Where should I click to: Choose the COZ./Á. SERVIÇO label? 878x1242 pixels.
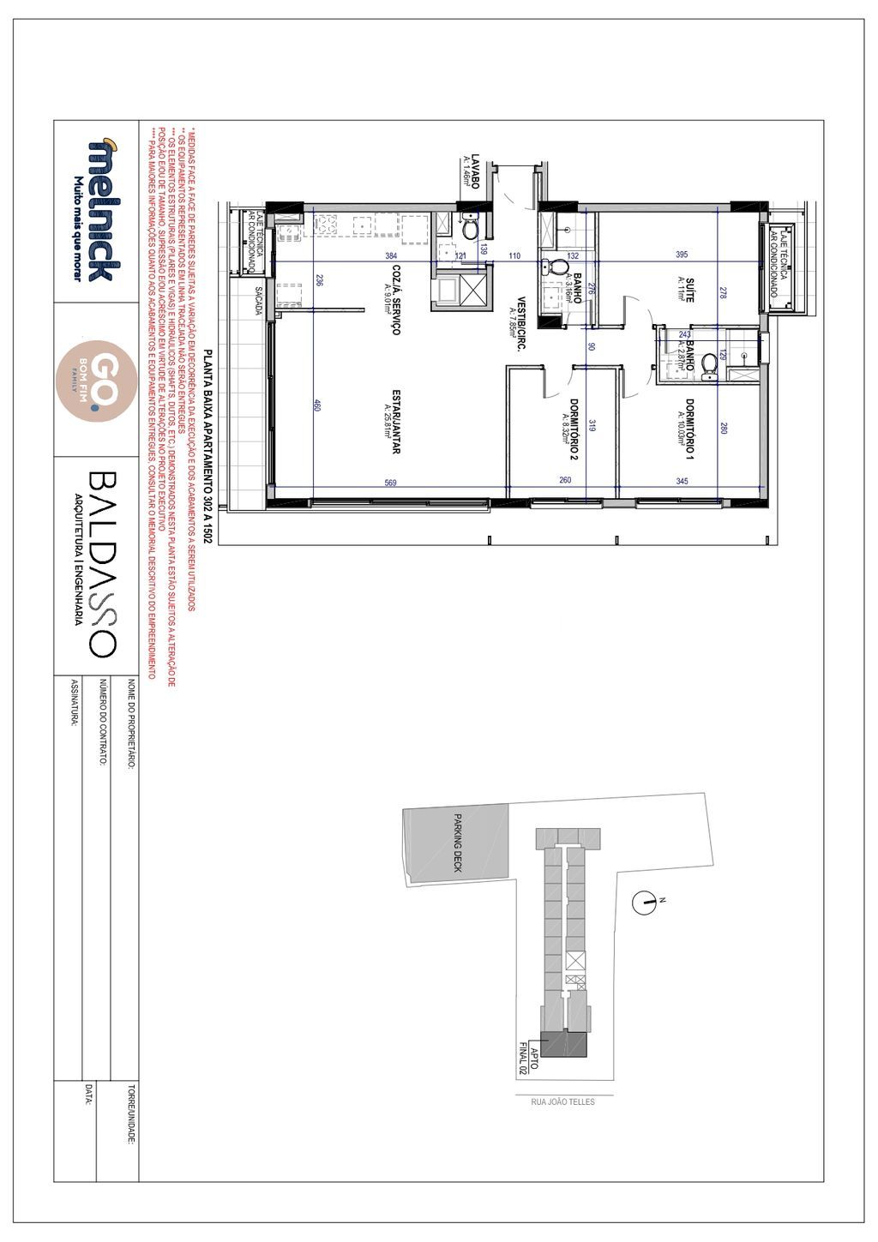click(394, 299)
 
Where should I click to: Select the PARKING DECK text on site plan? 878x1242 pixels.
click(458, 843)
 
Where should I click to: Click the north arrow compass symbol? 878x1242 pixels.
click(645, 900)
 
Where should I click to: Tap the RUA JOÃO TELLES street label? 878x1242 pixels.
click(564, 1101)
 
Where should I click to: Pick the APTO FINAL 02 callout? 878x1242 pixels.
click(528, 1060)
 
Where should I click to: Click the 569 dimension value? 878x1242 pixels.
click(391, 482)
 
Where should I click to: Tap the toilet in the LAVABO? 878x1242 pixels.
click(470, 230)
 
